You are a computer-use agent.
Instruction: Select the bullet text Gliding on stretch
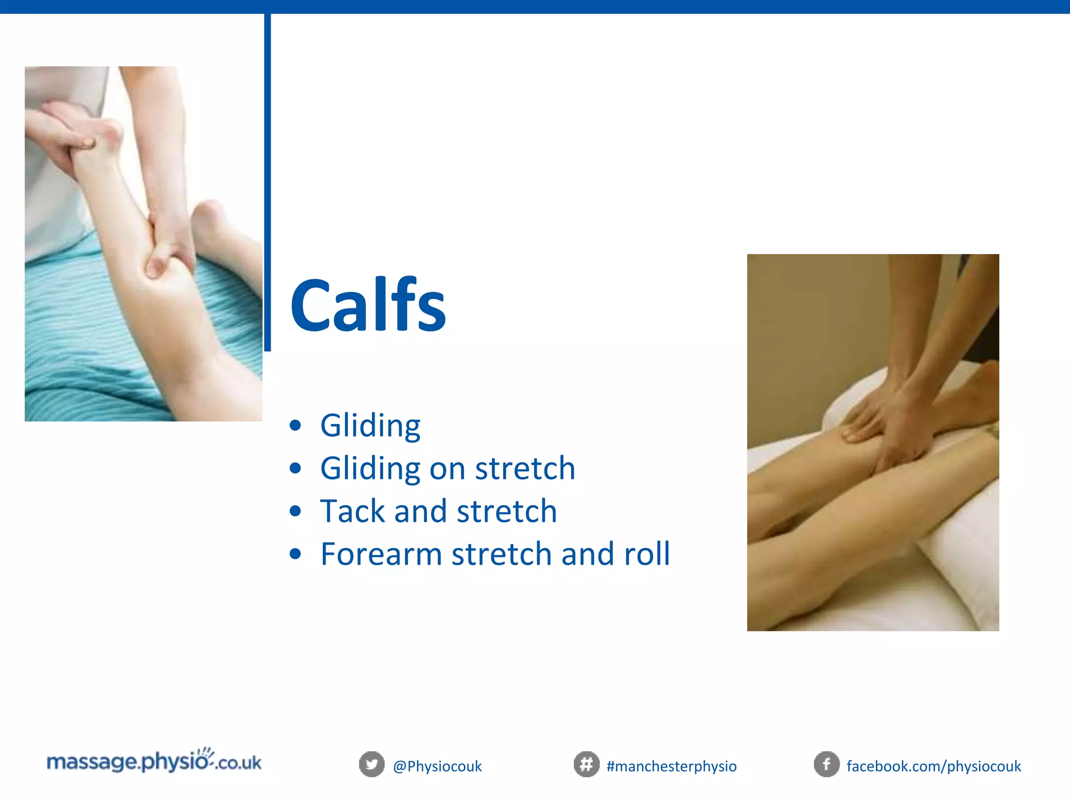[x=448, y=468]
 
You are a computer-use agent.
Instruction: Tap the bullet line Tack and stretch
[x=438, y=511]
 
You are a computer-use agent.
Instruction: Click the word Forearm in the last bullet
[x=381, y=554]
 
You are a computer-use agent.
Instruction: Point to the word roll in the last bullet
[x=647, y=554]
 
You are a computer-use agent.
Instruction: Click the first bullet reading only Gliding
[x=370, y=426]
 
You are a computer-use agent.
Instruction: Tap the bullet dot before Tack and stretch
[x=295, y=511]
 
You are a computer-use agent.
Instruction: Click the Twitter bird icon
[x=371, y=764]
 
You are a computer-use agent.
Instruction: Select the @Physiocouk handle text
[x=437, y=766]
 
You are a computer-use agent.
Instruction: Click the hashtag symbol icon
[x=586, y=764]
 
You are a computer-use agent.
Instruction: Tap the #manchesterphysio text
[x=671, y=766]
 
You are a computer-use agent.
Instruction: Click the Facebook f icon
[x=827, y=764]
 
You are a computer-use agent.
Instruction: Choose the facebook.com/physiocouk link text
[x=934, y=766]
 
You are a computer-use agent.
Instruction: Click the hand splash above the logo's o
[x=208, y=753]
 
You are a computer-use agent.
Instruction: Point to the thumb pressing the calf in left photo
[x=157, y=261]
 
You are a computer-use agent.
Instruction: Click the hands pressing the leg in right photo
[x=888, y=423]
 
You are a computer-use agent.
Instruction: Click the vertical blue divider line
[x=267, y=183]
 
